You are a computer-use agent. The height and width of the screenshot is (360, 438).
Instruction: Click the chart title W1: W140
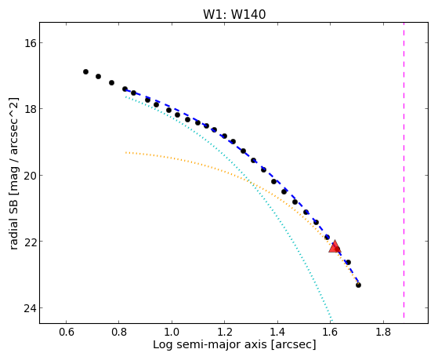click(234, 15)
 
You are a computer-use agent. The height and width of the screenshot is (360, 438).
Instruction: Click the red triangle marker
click(335, 246)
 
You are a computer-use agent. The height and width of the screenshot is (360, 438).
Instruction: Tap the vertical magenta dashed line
click(404, 170)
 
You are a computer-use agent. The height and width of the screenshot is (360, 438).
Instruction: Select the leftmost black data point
click(85, 72)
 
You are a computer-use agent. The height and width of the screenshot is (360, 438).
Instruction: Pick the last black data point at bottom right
click(358, 285)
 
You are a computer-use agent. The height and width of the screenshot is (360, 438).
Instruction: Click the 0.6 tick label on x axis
click(66, 332)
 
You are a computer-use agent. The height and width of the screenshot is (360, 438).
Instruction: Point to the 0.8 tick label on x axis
click(119, 332)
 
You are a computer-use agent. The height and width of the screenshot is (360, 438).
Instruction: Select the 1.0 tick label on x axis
click(172, 332)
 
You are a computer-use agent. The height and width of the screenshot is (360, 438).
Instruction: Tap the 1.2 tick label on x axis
click(225, 332)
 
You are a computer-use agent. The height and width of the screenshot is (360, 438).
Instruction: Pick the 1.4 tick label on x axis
click(277, 332)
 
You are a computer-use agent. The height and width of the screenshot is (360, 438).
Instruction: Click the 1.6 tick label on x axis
click(330, 332)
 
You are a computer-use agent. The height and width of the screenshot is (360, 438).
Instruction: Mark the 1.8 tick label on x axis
click(383, 332)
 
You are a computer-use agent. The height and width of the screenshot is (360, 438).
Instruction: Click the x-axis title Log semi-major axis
click(210, 345)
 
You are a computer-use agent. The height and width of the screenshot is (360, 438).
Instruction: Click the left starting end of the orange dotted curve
click(126, 153)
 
